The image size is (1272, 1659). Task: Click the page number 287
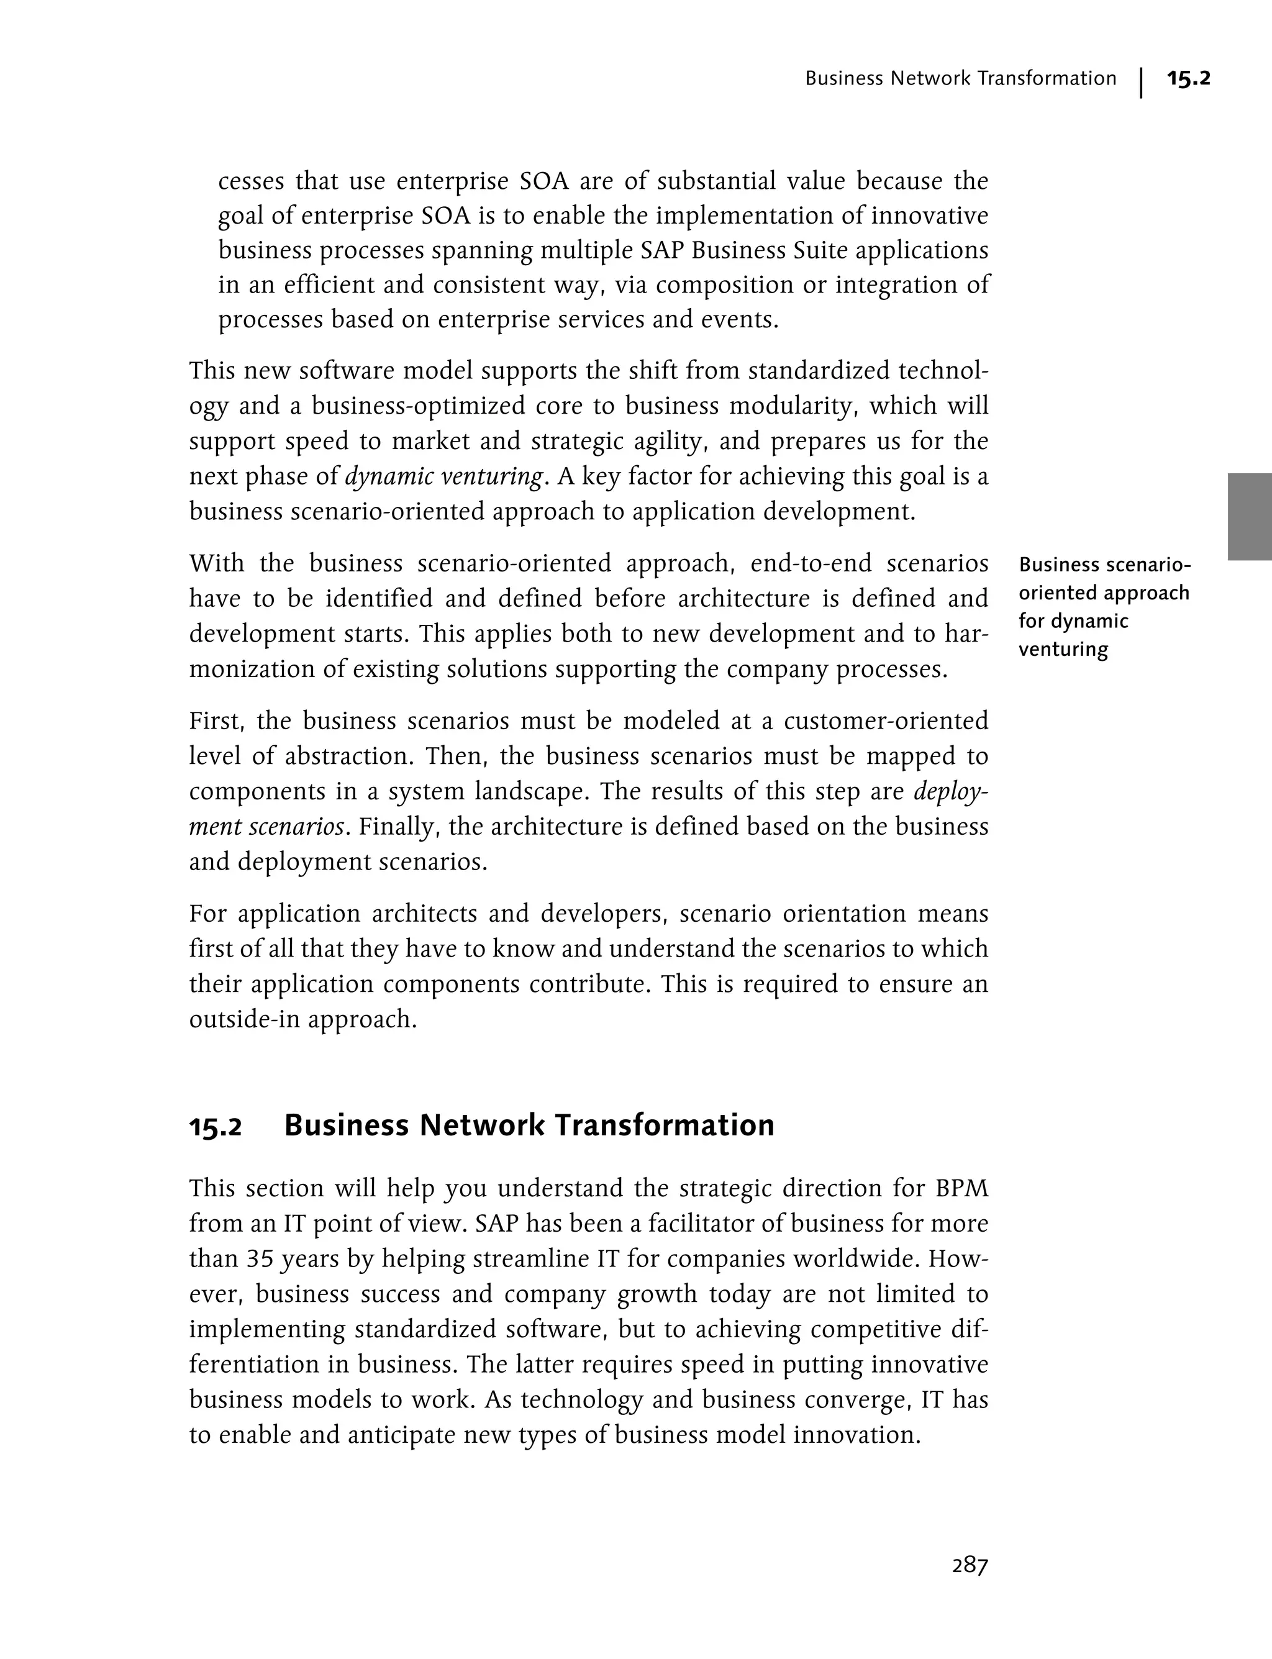970,1565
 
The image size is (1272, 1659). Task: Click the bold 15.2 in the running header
1188,78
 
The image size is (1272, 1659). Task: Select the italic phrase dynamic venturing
443,477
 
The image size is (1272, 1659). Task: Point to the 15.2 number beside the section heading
215,1127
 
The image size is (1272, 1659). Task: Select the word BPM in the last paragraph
961,1188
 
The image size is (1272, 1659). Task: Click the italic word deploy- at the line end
951,792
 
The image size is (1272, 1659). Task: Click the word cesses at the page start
250,182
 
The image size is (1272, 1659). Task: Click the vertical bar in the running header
1140,83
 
